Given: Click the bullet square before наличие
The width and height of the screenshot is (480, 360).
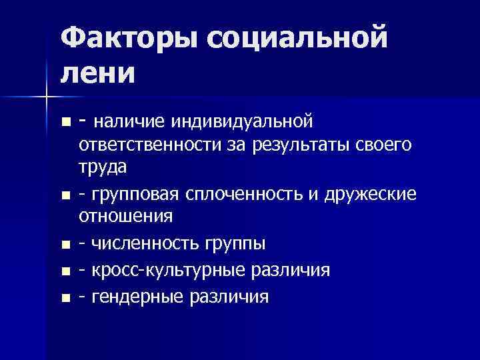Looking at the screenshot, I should pos(65,123).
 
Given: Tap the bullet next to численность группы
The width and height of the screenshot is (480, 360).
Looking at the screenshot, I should pos(65,245).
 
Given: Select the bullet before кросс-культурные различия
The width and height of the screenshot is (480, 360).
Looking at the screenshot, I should pos(65,271).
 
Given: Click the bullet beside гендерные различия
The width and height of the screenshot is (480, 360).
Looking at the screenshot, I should pos(65,297).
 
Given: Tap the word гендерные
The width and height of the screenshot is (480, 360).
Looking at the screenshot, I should pos(135,296).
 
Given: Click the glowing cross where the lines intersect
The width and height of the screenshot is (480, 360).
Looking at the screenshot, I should pos(47,97).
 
